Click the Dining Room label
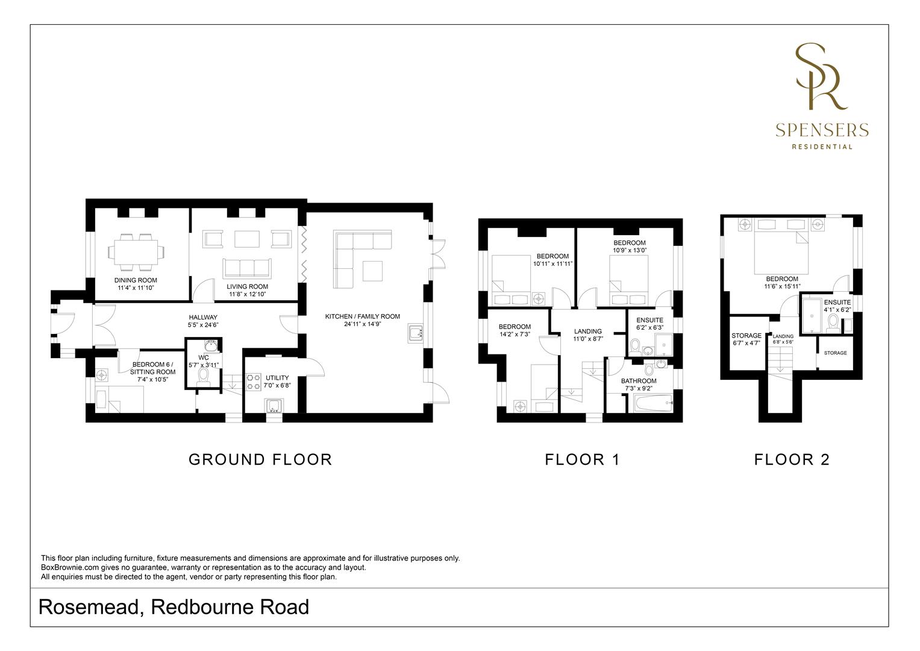click(x=136, y=280)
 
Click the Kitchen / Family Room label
click(x=362, y=316)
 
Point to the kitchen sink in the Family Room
click(x=415, y=333)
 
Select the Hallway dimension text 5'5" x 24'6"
click(x=203, y=324)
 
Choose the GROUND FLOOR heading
click(x=260, y=459)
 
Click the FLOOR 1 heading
click(x=582, y=459)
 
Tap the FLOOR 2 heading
click(x=792, y=459)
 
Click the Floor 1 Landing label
click(x=587, y=331)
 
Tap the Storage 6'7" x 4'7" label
click(x=746, y=336)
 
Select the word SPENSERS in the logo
click(x=822, y=130)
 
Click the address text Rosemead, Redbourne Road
click(x=174, y=607)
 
